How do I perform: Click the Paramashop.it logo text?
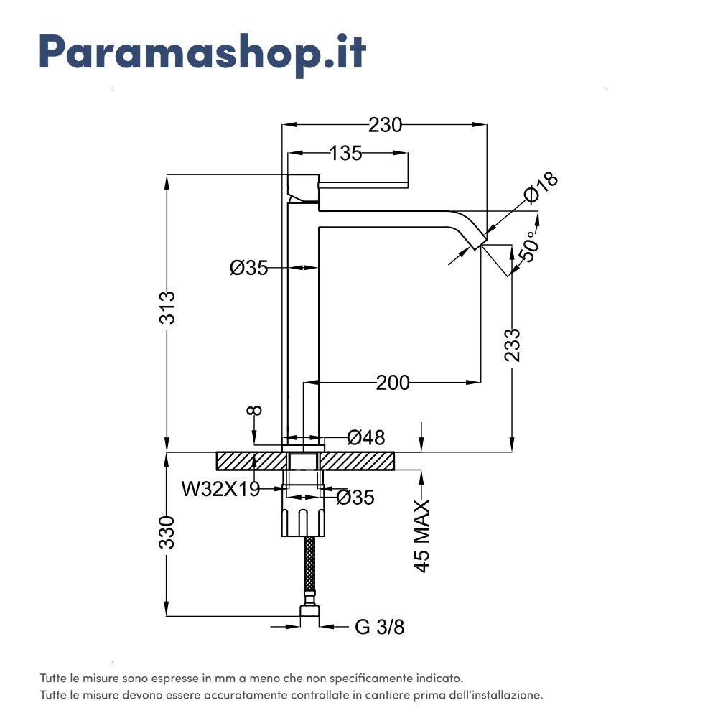point(202,52)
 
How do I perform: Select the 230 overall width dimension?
point(385,125)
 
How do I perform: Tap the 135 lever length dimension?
point(345,153)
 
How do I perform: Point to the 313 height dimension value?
point(167,307)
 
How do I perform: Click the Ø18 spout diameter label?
point(541,189)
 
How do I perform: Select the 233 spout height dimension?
point(512,345)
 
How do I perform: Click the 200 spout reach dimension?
point(393,383)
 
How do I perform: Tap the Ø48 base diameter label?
point(365,437)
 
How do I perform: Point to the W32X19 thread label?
point(220,489)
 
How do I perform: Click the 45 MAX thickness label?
point(422,535)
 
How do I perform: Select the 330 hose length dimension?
point(167,532)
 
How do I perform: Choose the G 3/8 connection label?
point(380,627)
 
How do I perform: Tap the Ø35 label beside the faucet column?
point(248,268)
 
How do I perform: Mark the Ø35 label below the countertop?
point(355,497)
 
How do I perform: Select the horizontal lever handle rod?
point(363,185)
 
